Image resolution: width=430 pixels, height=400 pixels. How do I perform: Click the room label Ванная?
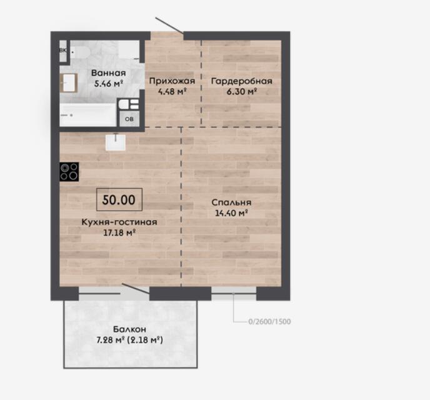click(x=108, y=73)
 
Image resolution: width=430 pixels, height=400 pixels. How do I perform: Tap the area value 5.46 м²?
click(x=108, y=83)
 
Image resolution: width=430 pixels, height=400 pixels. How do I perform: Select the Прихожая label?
click(x=172, y=81)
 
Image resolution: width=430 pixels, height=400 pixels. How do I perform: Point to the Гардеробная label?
click(x=242, y=81)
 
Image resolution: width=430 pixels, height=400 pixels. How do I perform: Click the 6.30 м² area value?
click(x=242, y=91)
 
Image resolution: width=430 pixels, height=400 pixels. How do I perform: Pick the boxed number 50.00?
click(x=119, y=200)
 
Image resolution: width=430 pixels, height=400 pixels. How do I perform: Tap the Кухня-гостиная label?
click(x=119, y=222)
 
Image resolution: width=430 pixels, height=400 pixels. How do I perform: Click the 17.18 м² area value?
click(x=119, y=232)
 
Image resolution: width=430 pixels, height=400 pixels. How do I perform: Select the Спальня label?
click(x=231, y=202)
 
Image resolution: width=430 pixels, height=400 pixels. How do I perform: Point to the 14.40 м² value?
click(x=231, y=213)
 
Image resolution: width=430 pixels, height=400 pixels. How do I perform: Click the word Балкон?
click(x=129, y=329)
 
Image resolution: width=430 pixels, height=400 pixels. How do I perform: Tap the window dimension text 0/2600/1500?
click(x=269, y=321)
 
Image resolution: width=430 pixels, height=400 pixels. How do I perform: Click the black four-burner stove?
click(x=69, y=172)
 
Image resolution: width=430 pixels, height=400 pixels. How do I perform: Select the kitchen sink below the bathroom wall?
click(x=116, y=142)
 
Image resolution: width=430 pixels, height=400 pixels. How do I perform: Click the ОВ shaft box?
click(x=129, y=119)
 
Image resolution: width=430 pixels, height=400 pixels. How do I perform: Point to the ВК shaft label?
click(x=62, y=51)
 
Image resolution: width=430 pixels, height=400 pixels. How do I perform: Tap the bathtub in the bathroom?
click(x=88, y=115)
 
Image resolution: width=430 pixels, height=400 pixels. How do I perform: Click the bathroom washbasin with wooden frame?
click(x=69, y=82)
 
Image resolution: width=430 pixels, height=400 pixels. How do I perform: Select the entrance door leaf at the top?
click(x=169, y=26)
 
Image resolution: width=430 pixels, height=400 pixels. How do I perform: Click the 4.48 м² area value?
click(x=172, y=91)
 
